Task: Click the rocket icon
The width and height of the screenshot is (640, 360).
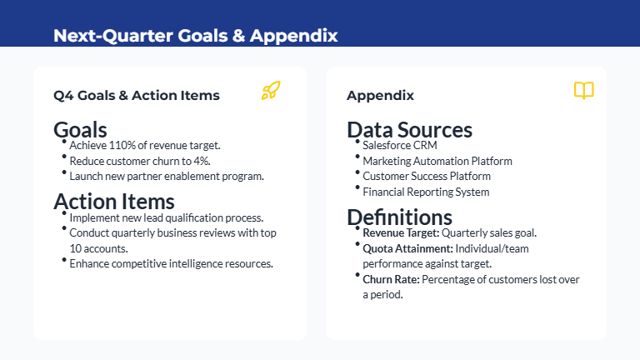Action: tap(271, 91)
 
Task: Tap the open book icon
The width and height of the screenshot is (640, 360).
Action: tap(584, 91)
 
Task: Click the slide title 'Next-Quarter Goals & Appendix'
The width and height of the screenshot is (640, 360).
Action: tap(195, 36)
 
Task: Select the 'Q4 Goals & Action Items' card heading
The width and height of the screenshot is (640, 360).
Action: tap(137, 95)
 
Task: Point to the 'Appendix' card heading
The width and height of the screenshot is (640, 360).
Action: tap(380, 95)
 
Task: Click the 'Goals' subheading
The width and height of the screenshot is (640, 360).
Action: tap(80, 129)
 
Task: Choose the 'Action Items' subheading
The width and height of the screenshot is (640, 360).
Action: tap(113, 201)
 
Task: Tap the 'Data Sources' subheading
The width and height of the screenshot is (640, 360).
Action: tap(409, 129)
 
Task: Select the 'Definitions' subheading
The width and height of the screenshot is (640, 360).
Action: tap(399, 217)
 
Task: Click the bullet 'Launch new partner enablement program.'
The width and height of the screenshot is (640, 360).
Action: tap(167, 176)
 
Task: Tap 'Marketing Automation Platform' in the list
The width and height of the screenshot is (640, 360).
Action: tap(437, 161)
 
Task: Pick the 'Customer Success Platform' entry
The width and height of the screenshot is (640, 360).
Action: tap(427, 176)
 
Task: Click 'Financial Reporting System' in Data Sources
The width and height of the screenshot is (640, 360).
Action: tap(426, 192)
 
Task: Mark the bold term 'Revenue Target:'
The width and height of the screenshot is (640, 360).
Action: tap(401, 232)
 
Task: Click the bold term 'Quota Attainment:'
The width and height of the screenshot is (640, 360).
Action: tap(407, 248)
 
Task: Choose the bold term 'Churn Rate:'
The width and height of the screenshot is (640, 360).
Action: tap(391, 279)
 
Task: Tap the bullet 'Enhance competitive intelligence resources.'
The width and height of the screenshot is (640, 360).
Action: tap(171, 263)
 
